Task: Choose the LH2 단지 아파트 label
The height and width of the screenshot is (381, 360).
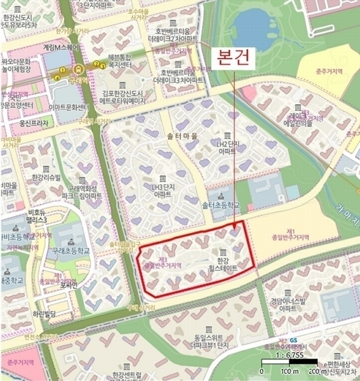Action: (x=226, y=149)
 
